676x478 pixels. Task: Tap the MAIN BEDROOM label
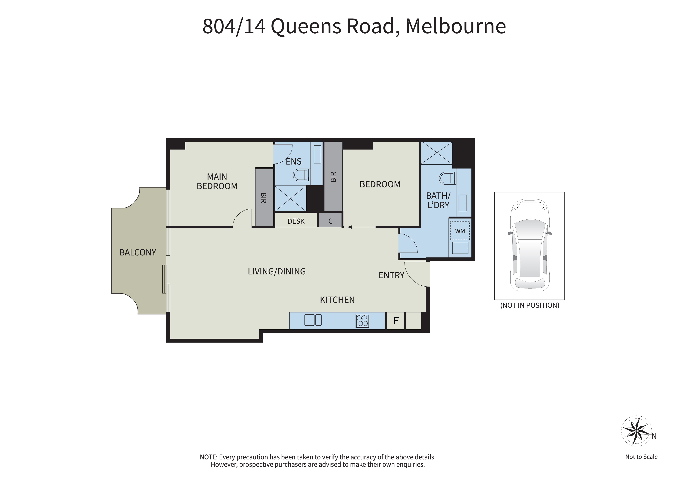coord(217,181)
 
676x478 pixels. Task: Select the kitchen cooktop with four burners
coord(362,321)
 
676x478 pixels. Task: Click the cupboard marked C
coord(330,220)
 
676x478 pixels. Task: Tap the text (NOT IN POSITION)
coord(529,305)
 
